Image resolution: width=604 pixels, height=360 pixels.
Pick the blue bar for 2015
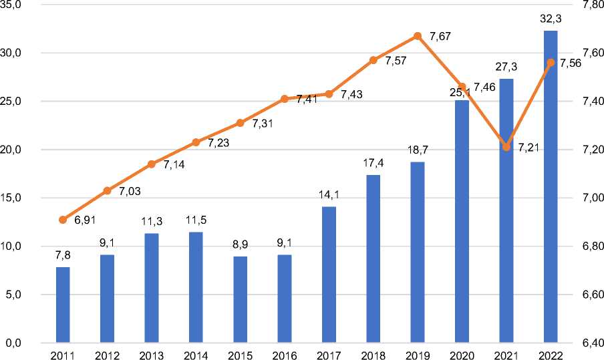(x=240, y=300)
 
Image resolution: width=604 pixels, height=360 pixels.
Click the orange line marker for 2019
(x=418, y=36)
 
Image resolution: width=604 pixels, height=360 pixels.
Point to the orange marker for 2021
(x=506, y=147)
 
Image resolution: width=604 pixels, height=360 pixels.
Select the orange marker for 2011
(x=63, y=220)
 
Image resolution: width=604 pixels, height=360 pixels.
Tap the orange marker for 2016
(x=285, y=99)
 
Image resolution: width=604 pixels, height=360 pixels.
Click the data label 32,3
(x=550, y=20)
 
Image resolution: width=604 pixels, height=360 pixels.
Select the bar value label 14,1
(x=329, y=196)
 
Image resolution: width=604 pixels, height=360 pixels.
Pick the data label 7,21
(x=528, y=148)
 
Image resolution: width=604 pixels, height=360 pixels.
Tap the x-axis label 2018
(x=373, y=355)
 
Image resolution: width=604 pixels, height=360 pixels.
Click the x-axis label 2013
(x=152, y=355)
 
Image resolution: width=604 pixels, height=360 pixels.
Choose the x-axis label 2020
(x=462, y=355)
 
